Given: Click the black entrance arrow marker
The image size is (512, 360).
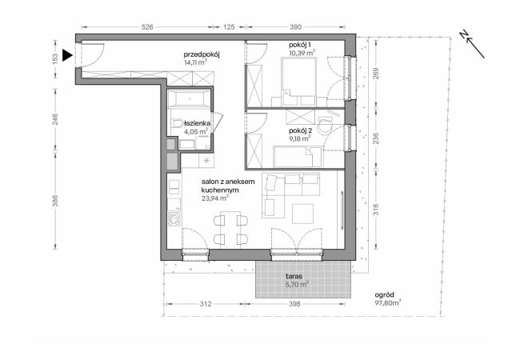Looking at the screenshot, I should pos(67,55).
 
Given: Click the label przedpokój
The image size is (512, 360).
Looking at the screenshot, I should pos(202,54).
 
